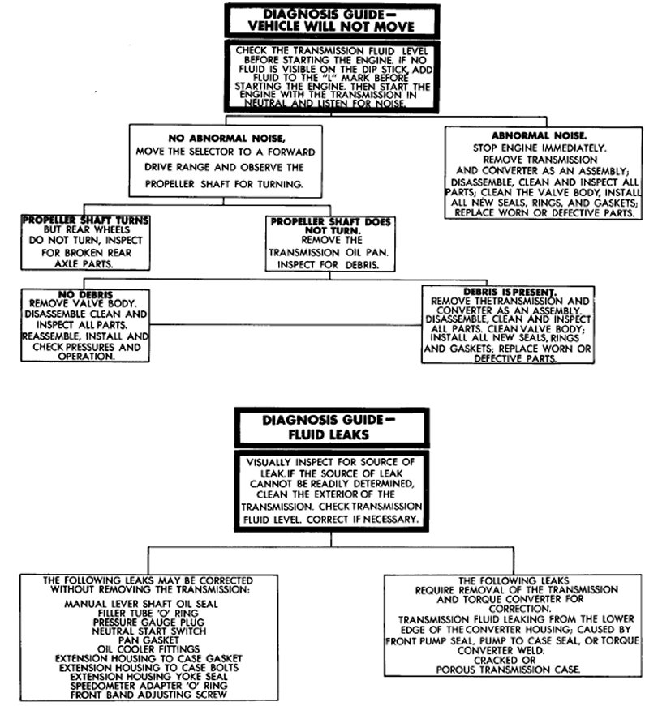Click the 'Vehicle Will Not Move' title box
point(325,19)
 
